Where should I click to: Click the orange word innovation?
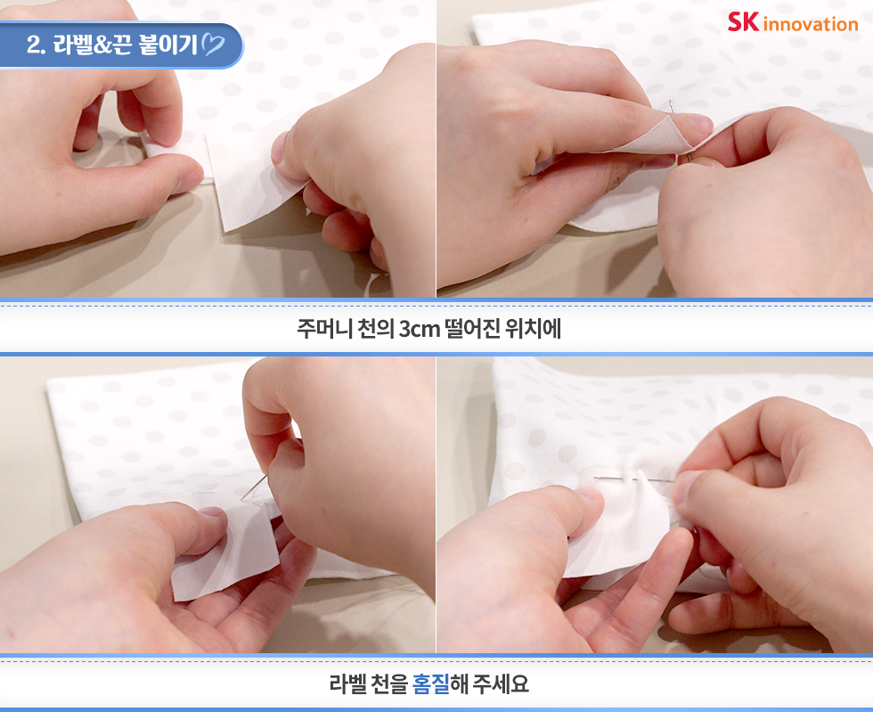[811, 25]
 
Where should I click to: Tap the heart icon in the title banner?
[213, 45]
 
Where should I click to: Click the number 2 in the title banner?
[35, 45]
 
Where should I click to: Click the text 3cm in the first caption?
[420, 329]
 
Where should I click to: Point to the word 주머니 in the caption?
[324, 329]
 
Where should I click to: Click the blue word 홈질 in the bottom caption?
[431, 683]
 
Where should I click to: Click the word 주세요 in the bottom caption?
[501, 683]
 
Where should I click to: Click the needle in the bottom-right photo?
[634, 478]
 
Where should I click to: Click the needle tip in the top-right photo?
[671, 102]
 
